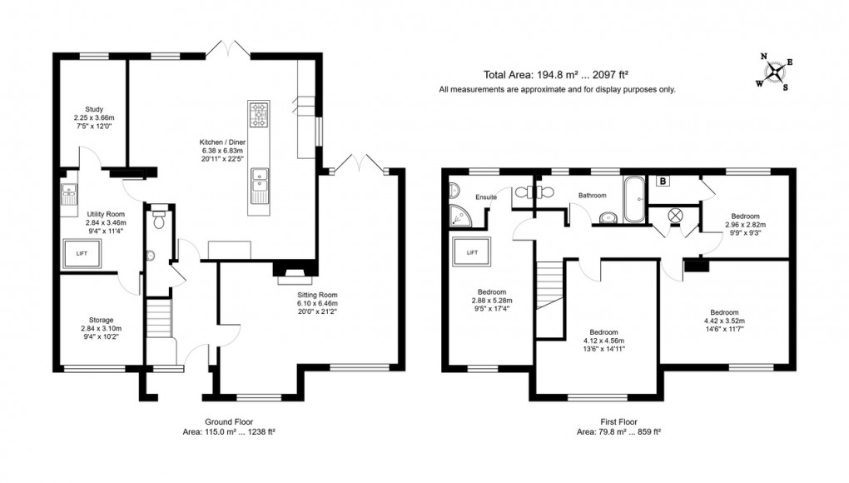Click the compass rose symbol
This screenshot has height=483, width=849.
click(775, 72)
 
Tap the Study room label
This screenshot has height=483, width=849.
click(93, 109)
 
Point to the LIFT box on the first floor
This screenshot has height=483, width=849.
click(472, 251)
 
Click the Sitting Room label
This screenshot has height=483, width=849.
click(317, 295)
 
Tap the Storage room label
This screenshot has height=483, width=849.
click(101, 320)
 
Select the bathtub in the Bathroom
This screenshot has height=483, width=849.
click(633, 200)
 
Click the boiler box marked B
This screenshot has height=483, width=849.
click(663, 181)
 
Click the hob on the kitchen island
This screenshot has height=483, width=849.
click(258, 112)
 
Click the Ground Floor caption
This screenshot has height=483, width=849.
click(229, 421)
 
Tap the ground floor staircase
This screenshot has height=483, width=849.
click(157, 320)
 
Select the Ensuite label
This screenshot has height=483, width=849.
click(486, 197)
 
